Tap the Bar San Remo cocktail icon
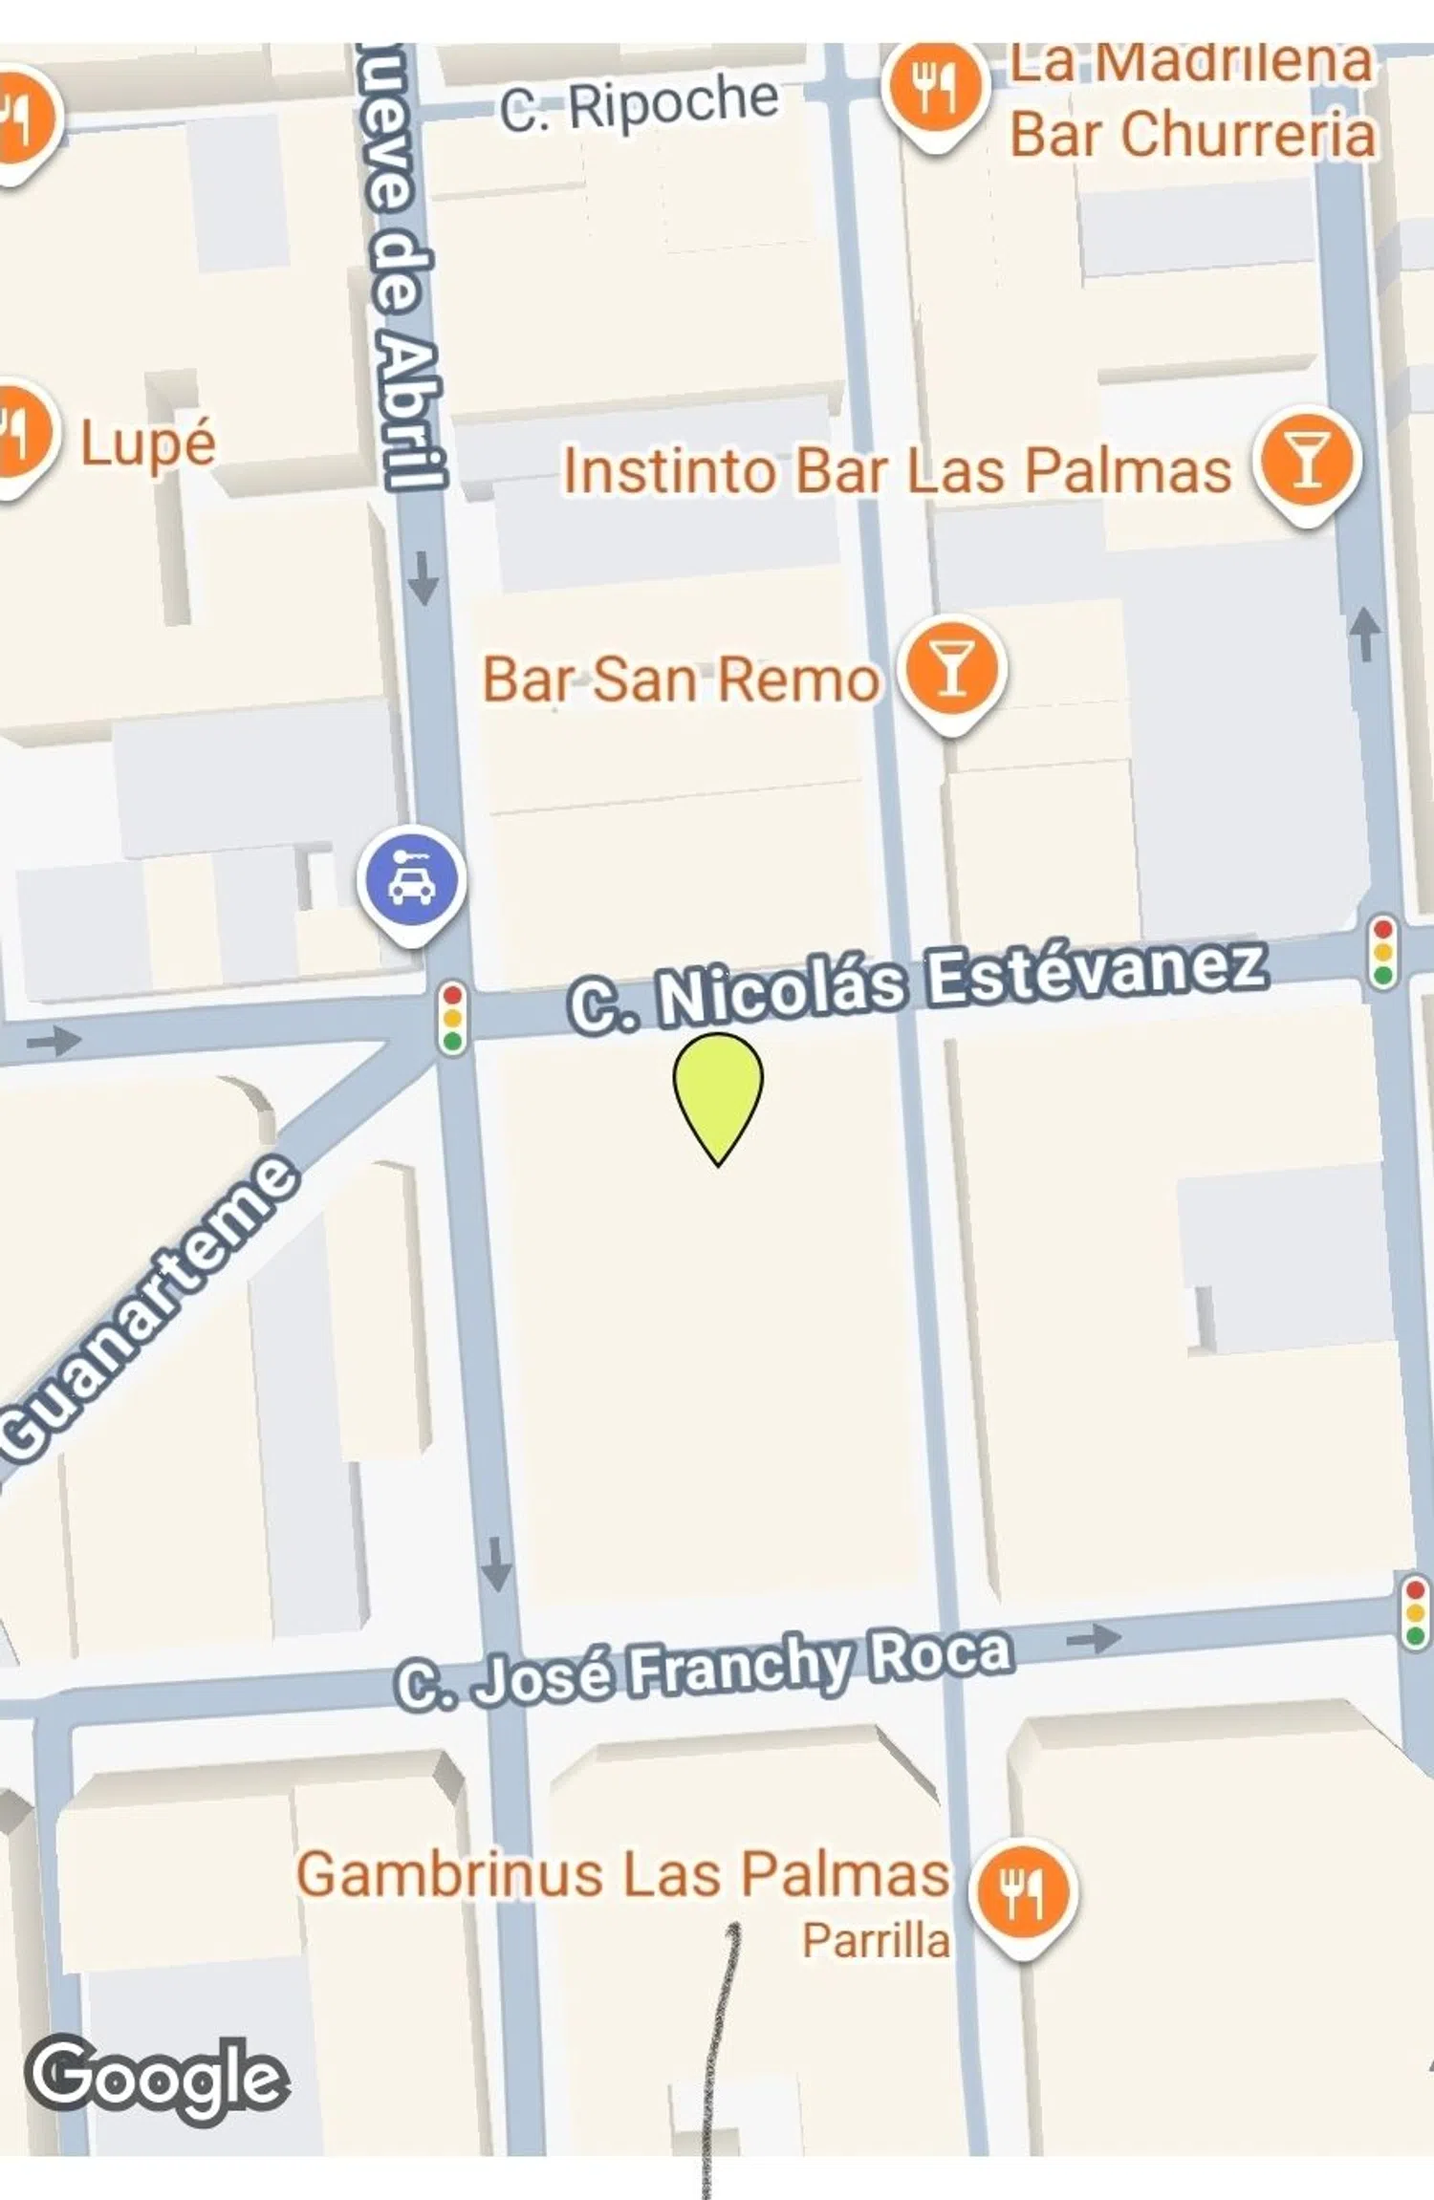pyautogui.click(x=951, y=669)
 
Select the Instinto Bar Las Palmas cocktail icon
pyautogui.click(x=1307, y=460)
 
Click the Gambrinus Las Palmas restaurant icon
pyautogui.click(x=1022, y=1890)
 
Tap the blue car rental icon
pyautogui.click(x=412, y=880)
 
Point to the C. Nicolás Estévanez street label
pyautogui.click(x=918, y=985)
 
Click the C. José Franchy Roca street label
pyautogui.click(x=704, y=1669)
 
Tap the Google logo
pyautogui.click(x=156, y=2077)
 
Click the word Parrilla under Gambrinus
pyautogui.click(x=876, y=1940)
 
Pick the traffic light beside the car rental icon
pyautogui.click(x=452, y=1020)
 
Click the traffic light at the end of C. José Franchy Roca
pyautogui.click(x=1414, y=1611)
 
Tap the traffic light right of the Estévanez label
pyautogui.click(x=1382, y=952)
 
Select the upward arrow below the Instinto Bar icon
pyautogui.click(x=1365, y=634)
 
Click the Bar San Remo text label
pyautogui.click(x=680, y=679)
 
